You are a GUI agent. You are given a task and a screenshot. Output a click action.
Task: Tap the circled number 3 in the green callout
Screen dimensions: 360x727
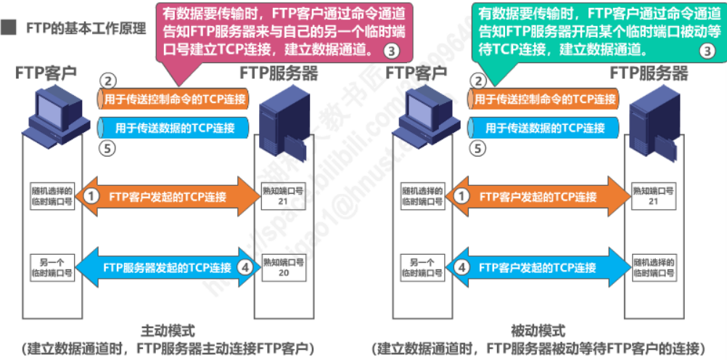pos(706,51)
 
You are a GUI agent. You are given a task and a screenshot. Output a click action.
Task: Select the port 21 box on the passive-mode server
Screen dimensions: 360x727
pos(653,195)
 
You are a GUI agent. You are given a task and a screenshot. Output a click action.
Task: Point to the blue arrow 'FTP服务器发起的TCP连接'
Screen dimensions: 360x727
pos(167,267)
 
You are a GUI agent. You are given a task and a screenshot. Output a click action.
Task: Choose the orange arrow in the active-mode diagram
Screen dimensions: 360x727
pos(167,196)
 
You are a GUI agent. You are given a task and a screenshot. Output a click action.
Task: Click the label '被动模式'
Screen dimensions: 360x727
pos(538,330)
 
